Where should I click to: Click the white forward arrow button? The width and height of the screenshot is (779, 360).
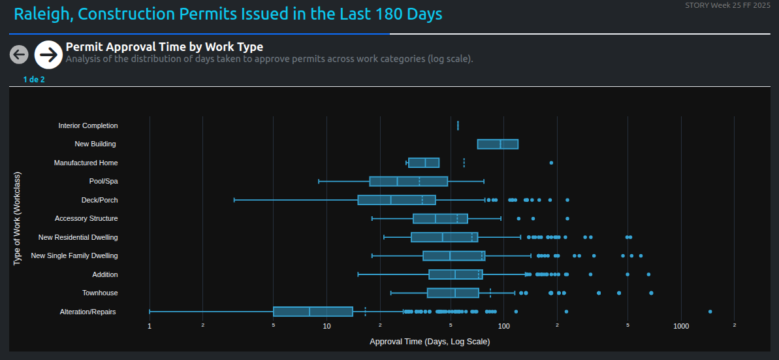(48, 55)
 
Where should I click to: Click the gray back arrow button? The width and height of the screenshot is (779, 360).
(19, 55)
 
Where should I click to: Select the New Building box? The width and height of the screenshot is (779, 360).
(498, 144)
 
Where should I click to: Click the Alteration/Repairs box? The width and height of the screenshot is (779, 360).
(313, 312)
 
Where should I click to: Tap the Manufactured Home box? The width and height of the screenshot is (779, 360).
(424, 163)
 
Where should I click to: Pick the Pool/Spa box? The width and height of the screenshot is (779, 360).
(408, 182)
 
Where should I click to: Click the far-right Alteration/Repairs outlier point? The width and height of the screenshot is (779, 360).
(710, 312)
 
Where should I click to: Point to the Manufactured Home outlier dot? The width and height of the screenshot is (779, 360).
(551, 163)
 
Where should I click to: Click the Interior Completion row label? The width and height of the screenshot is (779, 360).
(88, 125)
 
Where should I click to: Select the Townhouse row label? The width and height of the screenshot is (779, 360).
(100, 293)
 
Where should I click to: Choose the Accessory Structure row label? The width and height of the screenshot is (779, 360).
(86, 218)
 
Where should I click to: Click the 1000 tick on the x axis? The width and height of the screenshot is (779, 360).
(681, 326)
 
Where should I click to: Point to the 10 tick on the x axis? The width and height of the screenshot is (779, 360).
(326, 326)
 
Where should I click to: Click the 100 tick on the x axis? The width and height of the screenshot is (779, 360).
(503, 326)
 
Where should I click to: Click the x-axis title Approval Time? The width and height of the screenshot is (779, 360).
(430, 342)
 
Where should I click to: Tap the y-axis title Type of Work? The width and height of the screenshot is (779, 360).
(18, 219)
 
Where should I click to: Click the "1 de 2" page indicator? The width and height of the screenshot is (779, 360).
(34, 80)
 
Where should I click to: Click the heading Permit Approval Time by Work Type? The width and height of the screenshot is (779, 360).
(165, 47)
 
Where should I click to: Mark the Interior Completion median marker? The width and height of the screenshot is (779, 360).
(458, 125)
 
